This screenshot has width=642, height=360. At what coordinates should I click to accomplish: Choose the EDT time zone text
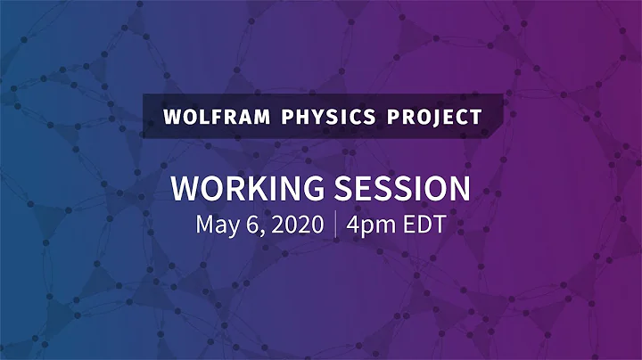point(424,223)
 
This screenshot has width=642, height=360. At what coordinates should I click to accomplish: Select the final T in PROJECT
point(476,117)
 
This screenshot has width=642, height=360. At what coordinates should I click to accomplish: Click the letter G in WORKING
point(312,188)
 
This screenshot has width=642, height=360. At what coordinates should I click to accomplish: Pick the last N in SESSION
point(458,188)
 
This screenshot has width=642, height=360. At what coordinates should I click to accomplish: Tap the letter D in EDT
point(424,223)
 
